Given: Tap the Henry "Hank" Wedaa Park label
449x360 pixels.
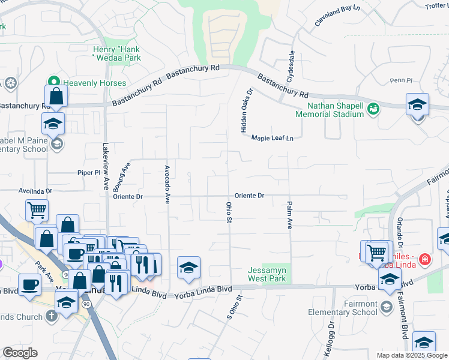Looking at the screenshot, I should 118,53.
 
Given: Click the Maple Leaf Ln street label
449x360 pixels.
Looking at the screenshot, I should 272,138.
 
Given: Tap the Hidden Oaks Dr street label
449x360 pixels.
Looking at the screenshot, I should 244,110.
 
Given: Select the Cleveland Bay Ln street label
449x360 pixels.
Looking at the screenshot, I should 339,17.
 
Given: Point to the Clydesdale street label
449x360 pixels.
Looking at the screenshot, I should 292,67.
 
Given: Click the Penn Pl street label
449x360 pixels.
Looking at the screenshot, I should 399,80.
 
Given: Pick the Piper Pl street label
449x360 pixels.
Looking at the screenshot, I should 89,173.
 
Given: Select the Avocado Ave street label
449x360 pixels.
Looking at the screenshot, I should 167,184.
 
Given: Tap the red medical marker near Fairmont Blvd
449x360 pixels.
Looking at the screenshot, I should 425,259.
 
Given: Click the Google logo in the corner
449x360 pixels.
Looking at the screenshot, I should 20,353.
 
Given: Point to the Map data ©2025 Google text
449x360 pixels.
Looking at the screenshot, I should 411,355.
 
